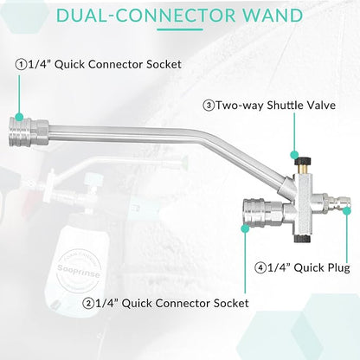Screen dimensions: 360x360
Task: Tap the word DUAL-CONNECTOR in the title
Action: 146,16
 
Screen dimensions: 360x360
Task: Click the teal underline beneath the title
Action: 180,29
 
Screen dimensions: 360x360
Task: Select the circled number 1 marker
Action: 21,65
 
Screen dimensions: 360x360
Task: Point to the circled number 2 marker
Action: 88,304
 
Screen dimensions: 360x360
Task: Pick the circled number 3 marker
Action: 209,106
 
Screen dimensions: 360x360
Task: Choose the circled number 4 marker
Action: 260,268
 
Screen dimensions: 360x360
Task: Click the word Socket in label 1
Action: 164,64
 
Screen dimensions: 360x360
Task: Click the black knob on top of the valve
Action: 302,161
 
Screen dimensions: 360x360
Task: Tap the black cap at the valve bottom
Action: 302,239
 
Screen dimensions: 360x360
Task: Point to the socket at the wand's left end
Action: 29,132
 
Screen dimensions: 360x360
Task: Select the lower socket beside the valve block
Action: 263,212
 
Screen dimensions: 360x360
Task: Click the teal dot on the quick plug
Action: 347,211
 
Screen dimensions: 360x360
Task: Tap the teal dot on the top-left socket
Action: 19,117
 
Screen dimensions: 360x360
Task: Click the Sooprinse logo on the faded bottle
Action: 79,271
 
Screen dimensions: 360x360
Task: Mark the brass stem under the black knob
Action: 302,170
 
